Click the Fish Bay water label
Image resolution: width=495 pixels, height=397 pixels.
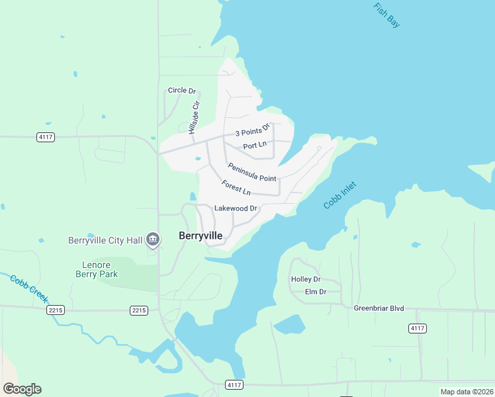click(386, 16)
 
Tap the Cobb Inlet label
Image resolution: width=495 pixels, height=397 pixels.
click(339, 195)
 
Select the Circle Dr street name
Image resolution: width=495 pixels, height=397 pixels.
click(182, 90)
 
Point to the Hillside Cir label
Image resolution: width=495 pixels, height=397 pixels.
click(193, 118)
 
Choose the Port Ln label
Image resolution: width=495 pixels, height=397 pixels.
click(255, 146)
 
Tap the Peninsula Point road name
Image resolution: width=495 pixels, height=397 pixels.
click(252, 173)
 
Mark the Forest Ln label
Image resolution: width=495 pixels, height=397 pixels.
click(236, 188)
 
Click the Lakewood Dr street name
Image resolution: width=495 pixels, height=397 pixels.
click(236, 208)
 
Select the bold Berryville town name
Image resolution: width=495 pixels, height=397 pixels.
click(201, 236)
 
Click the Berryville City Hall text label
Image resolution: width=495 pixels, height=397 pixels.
click(105, 240)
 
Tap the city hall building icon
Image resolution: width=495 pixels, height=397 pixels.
click(153, 239)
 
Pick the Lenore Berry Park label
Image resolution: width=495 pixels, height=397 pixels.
click(95, 269)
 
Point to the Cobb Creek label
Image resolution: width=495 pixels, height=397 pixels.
click(28, 288)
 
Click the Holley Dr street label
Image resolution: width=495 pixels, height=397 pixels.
click(306, 279)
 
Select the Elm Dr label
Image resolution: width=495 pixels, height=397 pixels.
click(316, 292)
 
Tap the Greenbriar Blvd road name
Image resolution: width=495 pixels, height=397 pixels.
click(379, 308)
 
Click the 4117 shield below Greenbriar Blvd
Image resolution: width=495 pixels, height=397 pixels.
click(418, 328)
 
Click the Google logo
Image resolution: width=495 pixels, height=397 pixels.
click(22, 389)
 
